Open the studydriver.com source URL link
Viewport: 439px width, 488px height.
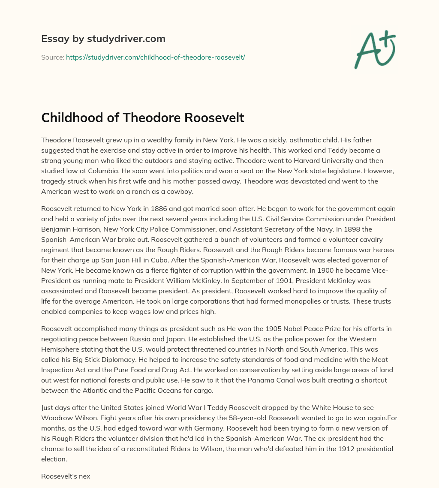click(155, 57)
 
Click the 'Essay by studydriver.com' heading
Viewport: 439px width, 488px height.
click(103, 39)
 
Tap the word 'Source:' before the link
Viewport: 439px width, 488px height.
click(52, 57)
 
